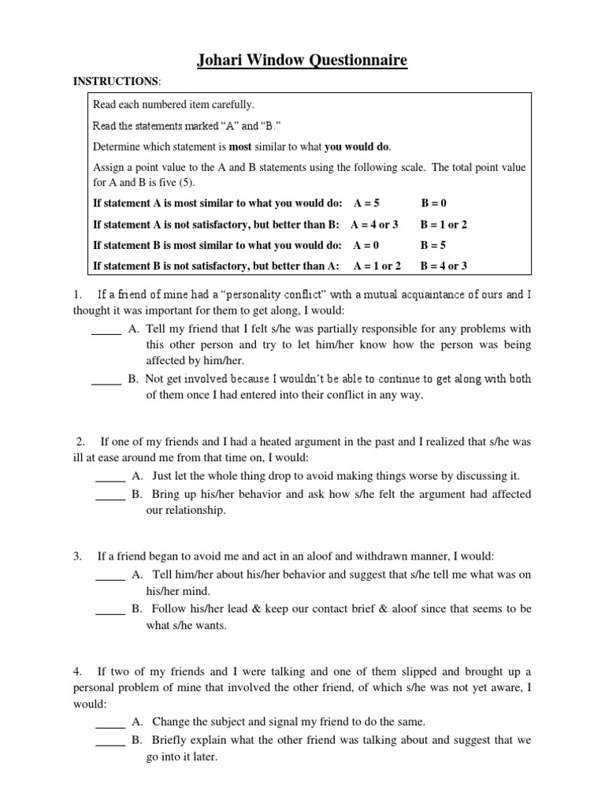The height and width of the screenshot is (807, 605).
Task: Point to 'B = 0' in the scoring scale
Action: [435, 203]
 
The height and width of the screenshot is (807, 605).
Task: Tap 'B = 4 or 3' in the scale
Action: [444, 266]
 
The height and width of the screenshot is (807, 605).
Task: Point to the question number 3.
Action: [78, 556]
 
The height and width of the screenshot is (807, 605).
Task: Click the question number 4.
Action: [78, 671]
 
